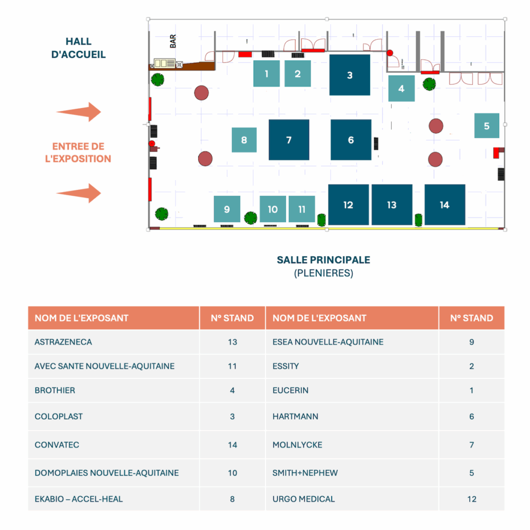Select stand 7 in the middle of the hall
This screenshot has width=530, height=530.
289,140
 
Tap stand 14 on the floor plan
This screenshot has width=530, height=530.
445,205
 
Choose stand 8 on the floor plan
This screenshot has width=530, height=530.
244,140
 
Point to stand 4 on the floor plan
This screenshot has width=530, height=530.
401,89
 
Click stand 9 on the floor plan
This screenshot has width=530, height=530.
227,209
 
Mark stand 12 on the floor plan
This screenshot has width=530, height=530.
348,205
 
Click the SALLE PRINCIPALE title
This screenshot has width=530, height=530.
323,260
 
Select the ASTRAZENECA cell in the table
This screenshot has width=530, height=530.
63,342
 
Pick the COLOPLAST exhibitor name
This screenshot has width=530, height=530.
58,417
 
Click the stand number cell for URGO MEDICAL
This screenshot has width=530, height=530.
471,499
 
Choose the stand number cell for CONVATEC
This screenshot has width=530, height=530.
232,445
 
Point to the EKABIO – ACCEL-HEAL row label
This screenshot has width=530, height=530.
79,499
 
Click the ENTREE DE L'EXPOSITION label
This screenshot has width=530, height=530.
78,153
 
